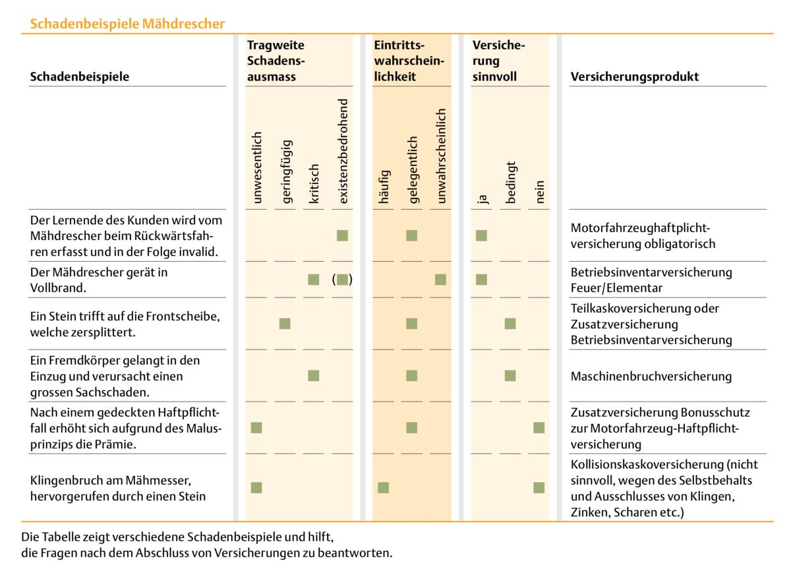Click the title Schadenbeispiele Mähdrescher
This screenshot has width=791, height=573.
[127, 24]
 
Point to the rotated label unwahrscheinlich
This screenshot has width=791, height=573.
[441, 156]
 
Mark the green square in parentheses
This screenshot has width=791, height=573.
[342, 280]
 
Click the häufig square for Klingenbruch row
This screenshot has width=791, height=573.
[383, 488]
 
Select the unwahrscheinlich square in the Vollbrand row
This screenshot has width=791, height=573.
[440, 280]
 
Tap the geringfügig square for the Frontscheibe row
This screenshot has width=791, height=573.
[285, 323]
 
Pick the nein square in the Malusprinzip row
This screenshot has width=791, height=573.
[539, 428]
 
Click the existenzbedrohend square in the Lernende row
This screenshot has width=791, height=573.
[342, 235]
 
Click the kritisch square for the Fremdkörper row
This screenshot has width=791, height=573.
[314, 376]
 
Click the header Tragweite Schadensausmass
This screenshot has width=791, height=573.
[276, 61]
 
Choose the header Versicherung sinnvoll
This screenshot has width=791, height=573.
[498, 61]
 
